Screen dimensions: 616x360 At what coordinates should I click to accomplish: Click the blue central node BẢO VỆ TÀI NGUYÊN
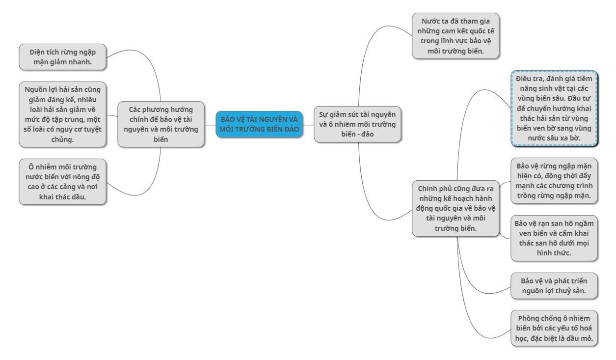tap(259, 124)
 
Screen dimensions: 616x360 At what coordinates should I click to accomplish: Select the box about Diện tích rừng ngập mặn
tap(62, 57)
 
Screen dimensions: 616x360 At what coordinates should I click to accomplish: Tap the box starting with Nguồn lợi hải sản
tap(62, 114)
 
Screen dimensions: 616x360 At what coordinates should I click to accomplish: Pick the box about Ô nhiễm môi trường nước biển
tap(62, 182)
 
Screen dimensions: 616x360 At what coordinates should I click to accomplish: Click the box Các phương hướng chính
tap(161, 124)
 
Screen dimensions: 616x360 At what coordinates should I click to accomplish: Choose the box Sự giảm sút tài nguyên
tap(357, 124)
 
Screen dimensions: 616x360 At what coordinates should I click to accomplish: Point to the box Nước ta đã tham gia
tap(455, 36)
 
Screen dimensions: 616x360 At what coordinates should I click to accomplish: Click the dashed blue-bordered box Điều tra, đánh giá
tap(554, 108)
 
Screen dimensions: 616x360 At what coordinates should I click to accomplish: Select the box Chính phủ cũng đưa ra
tap(455, 208)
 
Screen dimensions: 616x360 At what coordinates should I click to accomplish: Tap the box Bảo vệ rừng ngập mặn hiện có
tap(554, 181)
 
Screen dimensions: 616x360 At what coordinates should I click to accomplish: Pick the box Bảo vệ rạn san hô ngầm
tap(554, 238)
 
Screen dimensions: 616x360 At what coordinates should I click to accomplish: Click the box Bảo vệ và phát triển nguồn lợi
tap(554, 286)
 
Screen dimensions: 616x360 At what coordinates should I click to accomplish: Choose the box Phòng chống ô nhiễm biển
tap(554, 328)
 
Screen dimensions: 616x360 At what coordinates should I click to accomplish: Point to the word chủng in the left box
tap(62, 139)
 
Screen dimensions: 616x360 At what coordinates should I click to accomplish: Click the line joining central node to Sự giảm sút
tap(308, 125)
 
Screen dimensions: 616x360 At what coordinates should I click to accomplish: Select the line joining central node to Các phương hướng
tap(210, 125)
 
